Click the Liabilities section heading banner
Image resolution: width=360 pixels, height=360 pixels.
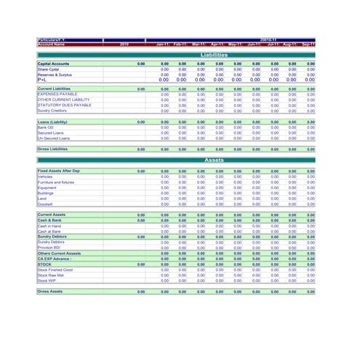click(214, 55)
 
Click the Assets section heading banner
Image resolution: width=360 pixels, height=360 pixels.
click(214, 160)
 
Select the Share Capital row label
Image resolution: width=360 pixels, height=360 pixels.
click(49, 69)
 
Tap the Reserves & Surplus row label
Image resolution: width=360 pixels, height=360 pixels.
click(55, 75)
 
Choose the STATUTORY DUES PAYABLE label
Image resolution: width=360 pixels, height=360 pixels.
click(64, 105)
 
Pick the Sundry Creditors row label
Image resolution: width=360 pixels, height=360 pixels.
click(52, 111)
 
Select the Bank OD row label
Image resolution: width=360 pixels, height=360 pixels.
click(46, 127)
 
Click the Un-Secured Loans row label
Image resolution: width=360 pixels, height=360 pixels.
click(53, 138)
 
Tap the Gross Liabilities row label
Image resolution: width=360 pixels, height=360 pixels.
click(52, 149)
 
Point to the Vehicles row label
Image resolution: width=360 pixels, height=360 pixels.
click(45, 177)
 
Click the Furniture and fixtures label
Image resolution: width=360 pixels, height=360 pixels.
click(56, 183)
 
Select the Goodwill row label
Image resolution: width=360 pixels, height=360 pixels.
click(46, 204)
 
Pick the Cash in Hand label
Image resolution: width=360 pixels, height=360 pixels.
click(49, 226)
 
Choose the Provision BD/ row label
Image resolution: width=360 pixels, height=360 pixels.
click(49, 248)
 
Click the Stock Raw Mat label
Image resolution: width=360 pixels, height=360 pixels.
click(51, 275)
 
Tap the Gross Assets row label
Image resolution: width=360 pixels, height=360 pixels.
click(50, 291)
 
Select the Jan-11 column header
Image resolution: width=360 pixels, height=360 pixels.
click(162, 44)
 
